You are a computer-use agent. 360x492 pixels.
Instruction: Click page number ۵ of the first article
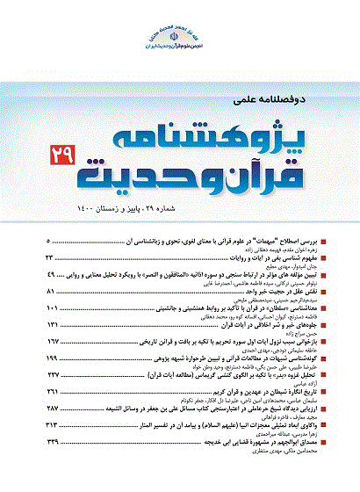(x=47, y=240)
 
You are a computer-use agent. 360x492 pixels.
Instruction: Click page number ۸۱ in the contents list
(x=50, y=291)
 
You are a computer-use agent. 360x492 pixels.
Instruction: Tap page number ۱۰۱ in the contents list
(x=52, y=307)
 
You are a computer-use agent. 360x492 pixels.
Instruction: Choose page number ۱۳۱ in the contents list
(x=52, y=324)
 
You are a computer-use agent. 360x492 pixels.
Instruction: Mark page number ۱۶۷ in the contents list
(x=52, y=341)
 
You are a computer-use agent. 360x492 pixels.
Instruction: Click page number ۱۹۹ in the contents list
(x=52, y=358)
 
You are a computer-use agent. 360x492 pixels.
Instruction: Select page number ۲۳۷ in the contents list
(x=52, y=375)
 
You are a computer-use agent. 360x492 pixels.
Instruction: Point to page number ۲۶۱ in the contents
(x=52, y=392)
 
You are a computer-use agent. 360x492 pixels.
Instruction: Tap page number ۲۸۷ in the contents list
(x=52, y=409)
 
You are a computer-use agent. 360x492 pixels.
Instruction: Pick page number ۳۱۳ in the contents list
(x=52, y=426)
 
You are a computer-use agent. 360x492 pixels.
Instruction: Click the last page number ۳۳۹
(x=52, y=443)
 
